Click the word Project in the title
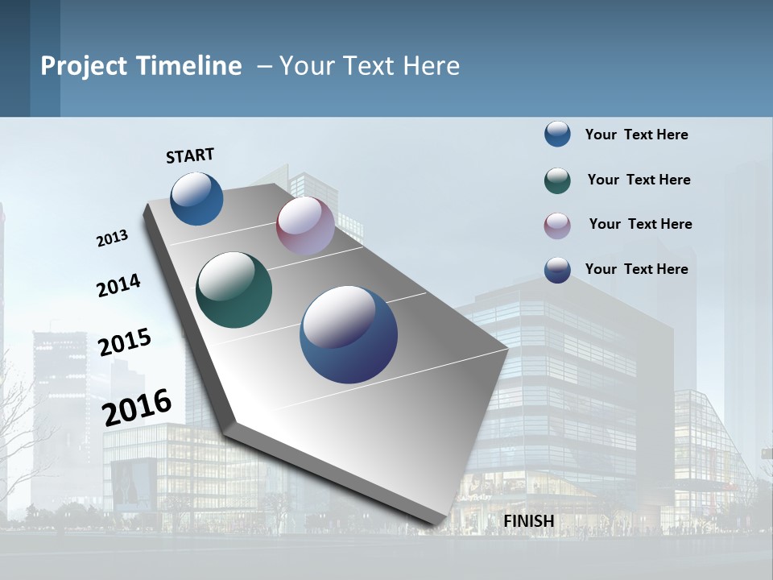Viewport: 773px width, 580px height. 84,66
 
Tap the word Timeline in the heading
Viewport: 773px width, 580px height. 188,66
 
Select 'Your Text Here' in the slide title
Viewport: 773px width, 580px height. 370,66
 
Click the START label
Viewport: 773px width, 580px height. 190,155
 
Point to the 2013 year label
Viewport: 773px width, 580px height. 112,238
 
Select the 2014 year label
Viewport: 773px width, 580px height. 118,285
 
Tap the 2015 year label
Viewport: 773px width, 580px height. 124,342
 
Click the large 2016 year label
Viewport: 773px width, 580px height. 137,407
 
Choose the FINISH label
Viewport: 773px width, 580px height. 528,521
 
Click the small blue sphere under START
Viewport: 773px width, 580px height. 196,198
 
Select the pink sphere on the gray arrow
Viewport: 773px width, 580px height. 305,226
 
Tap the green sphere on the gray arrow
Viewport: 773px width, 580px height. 234,290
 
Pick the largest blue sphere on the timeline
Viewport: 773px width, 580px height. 349,334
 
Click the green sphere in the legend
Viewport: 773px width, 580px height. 557,180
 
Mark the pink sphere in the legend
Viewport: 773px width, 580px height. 557,226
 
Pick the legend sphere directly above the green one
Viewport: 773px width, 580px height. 557,134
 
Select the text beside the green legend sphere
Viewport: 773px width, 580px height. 639,180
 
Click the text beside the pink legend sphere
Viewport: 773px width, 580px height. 640,224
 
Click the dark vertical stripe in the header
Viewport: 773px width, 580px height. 45,58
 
